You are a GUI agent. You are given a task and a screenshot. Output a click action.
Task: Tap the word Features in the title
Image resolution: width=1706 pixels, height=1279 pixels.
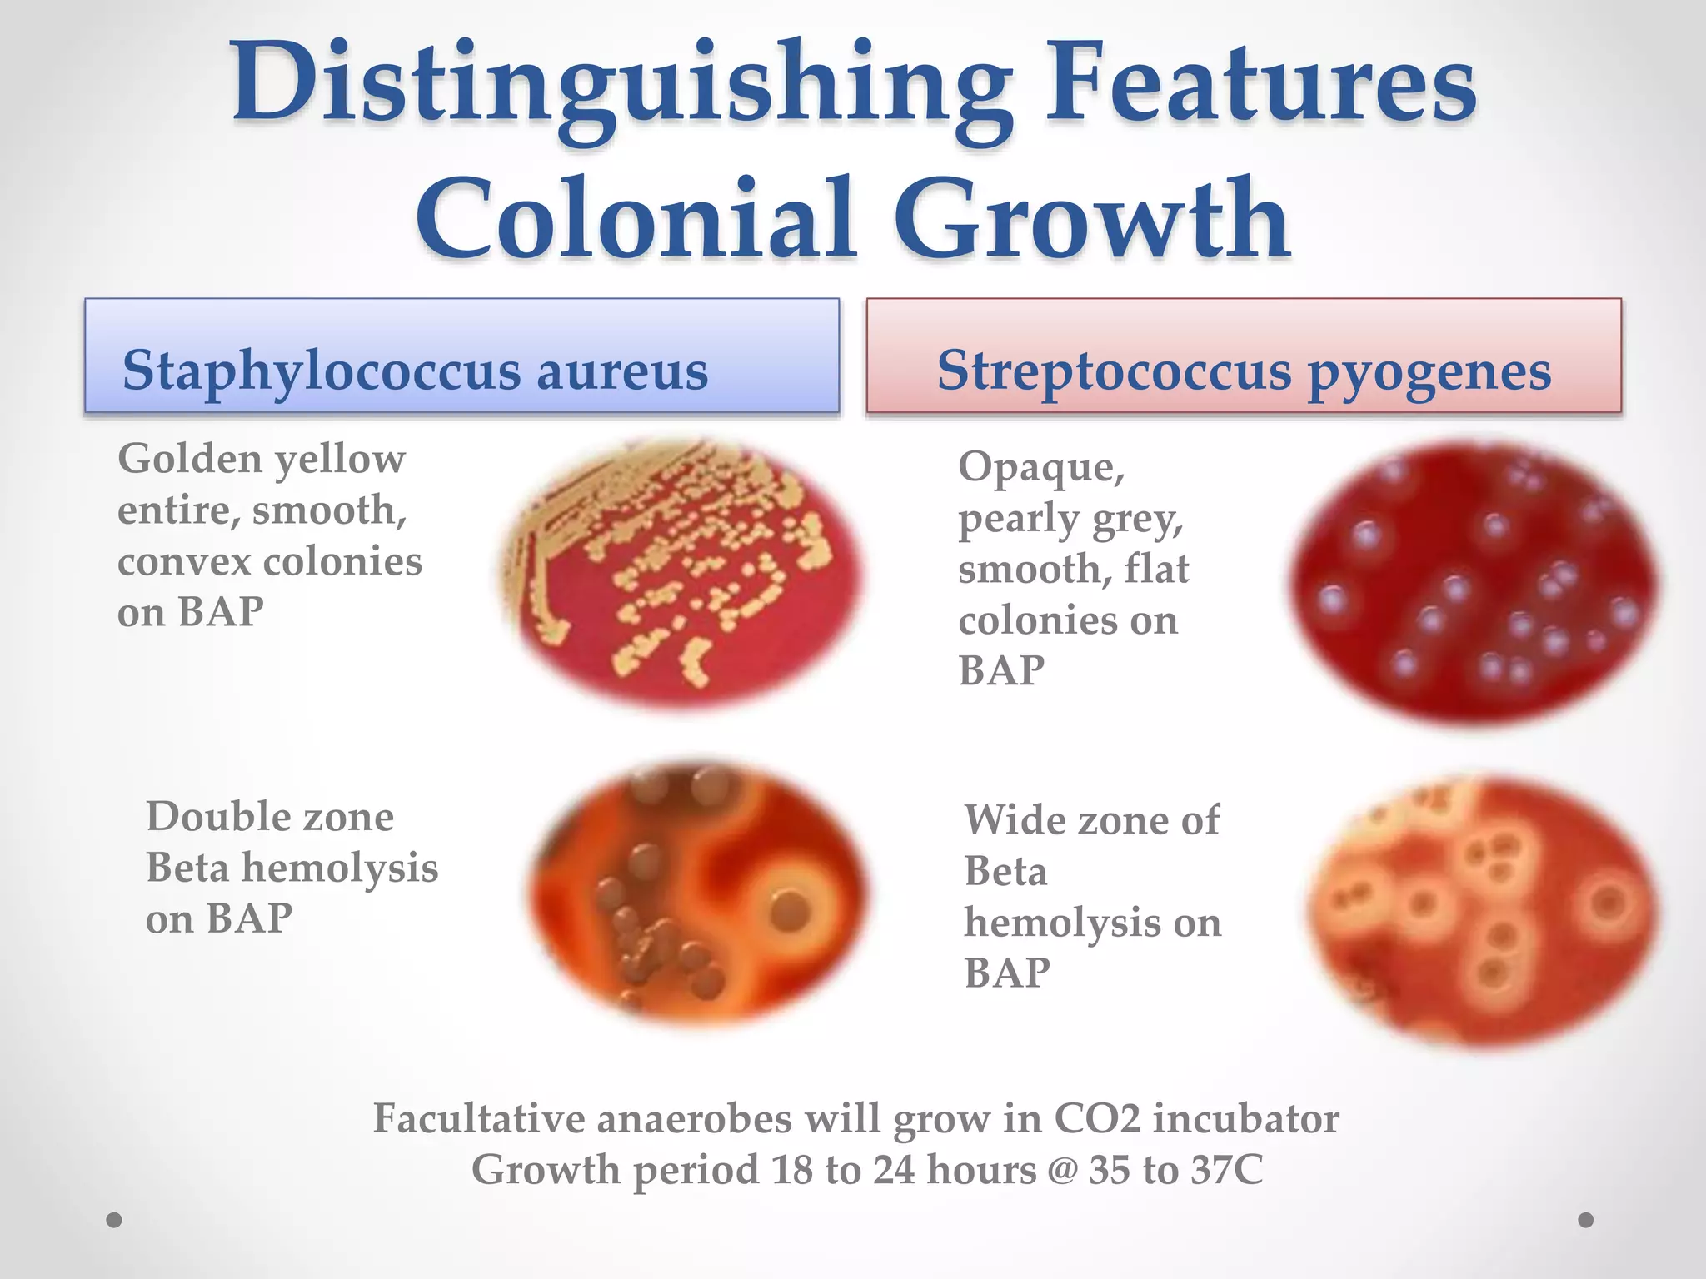[x=1260, y=83]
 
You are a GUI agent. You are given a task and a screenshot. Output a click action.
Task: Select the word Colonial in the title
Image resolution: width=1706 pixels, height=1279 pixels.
[x=637, y=218]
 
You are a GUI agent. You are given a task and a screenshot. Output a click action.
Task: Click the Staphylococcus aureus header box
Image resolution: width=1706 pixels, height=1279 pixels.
[x=461, y=356]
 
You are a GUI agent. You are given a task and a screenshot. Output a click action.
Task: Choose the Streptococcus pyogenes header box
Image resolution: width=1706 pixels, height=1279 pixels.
[x=1244, y=356]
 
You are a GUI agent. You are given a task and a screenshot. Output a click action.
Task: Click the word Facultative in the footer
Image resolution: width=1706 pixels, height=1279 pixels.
[x=479, y=1118]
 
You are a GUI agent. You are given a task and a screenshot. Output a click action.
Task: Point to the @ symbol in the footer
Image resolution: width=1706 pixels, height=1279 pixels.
[x=1062, y=1170]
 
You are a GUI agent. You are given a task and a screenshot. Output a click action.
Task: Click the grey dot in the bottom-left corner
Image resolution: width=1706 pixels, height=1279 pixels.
[x=115, y=1220]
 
